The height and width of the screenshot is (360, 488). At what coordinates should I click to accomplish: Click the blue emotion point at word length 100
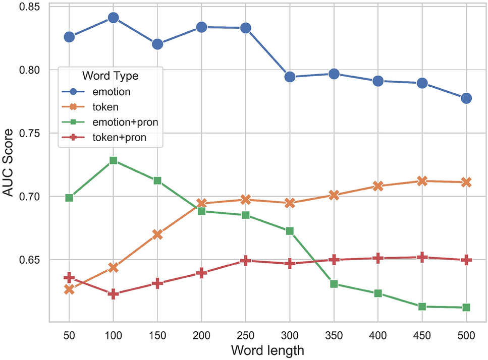pos(113,18)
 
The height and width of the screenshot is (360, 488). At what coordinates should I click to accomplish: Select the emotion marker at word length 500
pos(466,98)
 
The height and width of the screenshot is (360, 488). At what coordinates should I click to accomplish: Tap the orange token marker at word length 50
pos(69,289)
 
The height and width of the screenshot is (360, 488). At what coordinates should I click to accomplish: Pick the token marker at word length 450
pos(422,181)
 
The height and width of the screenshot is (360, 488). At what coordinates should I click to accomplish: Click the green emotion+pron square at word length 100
pos(113,160)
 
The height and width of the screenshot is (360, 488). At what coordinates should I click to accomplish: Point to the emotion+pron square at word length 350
pos(334,284)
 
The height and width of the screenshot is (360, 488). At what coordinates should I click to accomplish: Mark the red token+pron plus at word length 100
pos(113,294)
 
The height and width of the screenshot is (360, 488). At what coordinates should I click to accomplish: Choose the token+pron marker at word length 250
pos(246,261)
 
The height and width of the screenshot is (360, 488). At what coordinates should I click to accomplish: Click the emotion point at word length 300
pos(290,77)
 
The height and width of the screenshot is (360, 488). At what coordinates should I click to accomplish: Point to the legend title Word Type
pos(110,76)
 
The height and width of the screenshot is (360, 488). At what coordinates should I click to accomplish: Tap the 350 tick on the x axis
pos(334,335)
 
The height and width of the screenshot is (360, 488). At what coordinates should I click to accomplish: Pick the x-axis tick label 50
pos(69,335)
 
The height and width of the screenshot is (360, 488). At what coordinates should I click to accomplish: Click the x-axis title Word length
pos(267,349)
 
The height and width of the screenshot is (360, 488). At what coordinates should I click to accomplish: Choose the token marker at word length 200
pos(201,204)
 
